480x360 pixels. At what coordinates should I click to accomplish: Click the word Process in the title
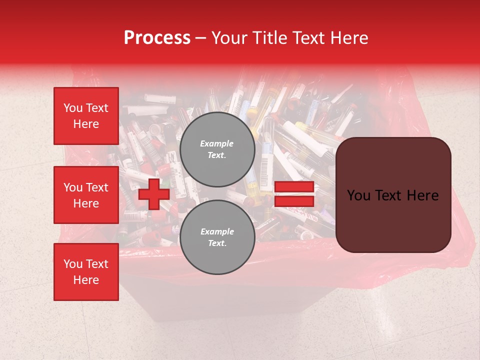coord(157,38)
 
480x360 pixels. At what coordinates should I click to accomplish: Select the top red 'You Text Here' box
coord(86,116)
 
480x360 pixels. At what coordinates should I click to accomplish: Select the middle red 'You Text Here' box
coord(86,195)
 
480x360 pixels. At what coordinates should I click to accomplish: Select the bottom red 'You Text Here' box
coord(86,272)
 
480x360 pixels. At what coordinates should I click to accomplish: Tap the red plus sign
coord(154,194)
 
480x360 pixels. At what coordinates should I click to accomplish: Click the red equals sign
coord(294,194)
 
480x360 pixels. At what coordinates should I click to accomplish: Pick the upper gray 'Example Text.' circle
coord(217,149)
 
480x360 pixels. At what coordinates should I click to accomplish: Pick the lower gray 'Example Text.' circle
coord(217,237)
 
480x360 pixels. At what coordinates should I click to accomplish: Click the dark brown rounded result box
coord(393,195)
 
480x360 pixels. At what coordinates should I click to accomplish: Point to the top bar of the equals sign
coord(294,187)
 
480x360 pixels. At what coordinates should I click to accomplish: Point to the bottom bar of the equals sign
coord(294,201)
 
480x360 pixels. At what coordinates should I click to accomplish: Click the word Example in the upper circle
coord(217,143)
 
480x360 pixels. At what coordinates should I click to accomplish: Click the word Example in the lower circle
coord(217,231)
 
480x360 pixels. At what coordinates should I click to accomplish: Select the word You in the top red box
coord(73,108)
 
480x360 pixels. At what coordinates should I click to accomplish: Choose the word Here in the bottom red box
coord(86,280)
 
